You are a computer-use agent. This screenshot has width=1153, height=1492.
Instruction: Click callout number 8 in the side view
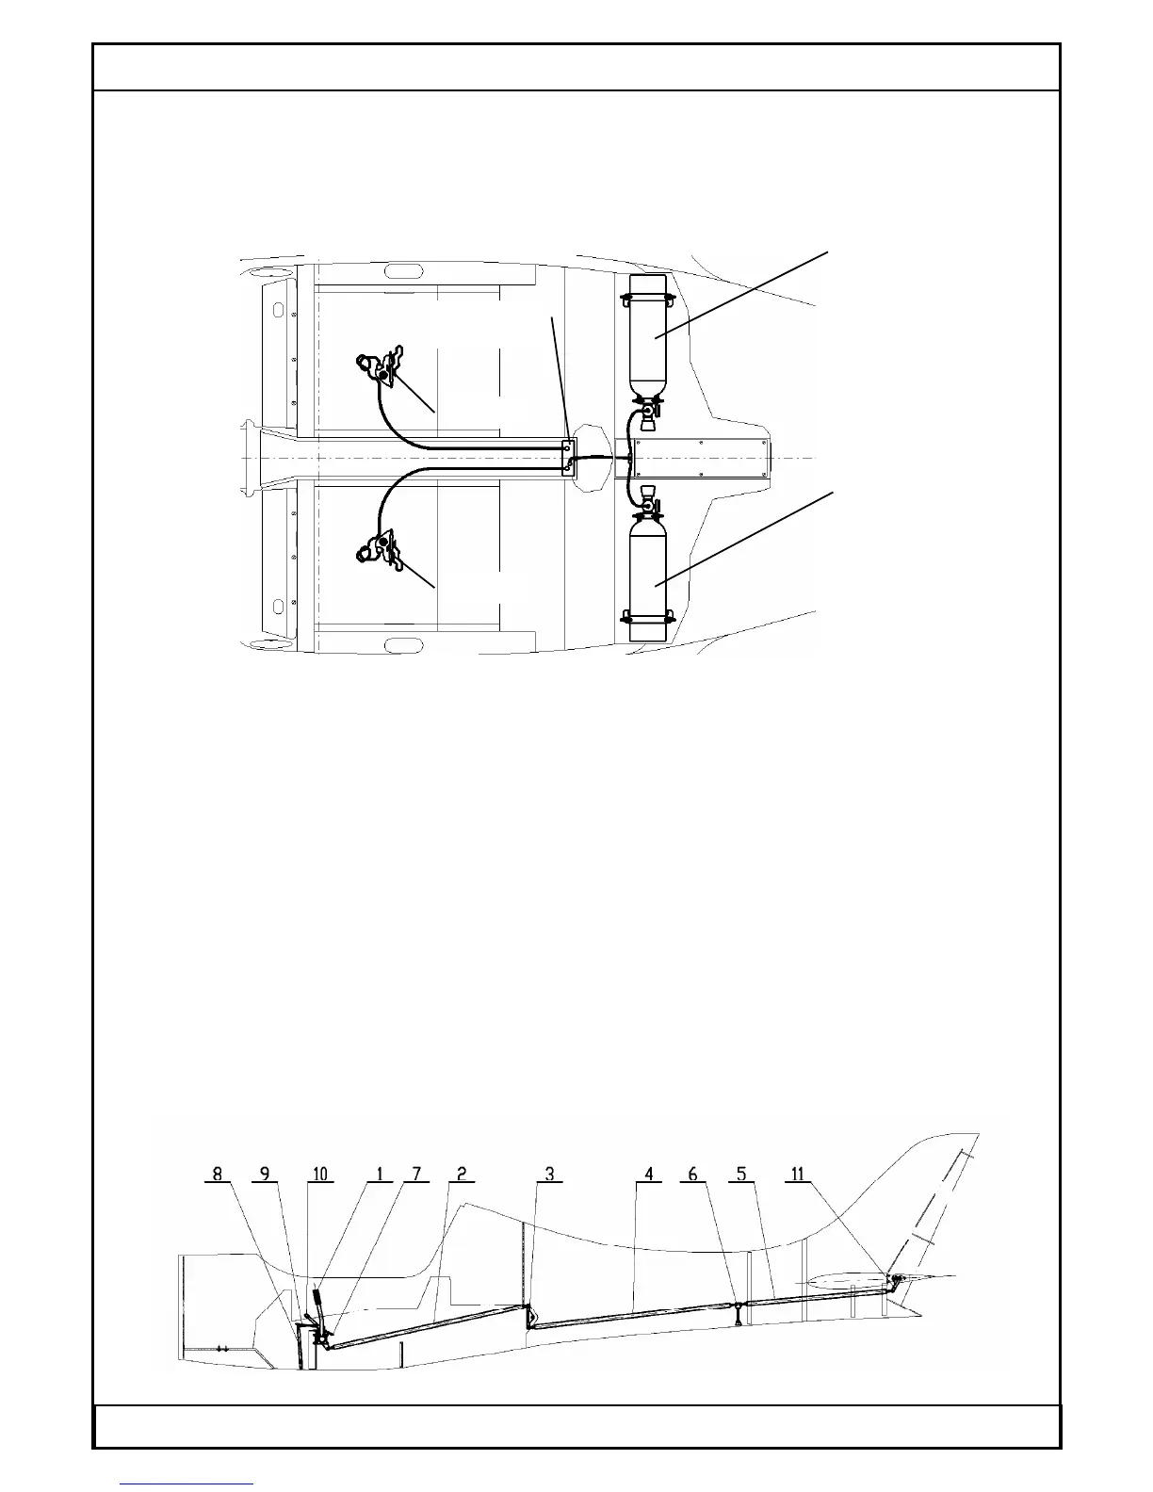[x=218, y=1174]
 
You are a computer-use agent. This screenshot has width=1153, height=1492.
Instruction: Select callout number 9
[x=265, y=1174]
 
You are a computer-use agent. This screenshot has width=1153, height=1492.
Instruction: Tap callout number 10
[x=320, y=1174]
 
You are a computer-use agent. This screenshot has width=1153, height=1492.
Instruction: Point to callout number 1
[x=380, y=1174]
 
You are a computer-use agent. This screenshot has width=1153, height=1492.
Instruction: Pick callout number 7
[x=415, y=1174]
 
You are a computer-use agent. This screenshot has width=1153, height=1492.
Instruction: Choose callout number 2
[x=462, y=1174]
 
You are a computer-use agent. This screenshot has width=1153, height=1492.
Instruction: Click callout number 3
[x=549, y=1174]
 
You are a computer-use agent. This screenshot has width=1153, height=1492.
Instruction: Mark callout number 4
[x=648, y=1174]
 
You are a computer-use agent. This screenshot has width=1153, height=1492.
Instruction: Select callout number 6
[x=693, y=1174]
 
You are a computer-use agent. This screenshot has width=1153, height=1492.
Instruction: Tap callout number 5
[x=741, y=1174]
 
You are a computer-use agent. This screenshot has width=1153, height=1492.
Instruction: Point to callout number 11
[x=798, y=1174]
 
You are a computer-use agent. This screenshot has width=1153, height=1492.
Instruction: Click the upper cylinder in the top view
[x=647, y=334]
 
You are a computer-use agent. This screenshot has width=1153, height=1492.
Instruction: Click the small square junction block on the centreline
[x=568, y=458]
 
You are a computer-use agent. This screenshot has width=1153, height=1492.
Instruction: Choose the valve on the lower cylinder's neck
[x=648, y=506]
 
